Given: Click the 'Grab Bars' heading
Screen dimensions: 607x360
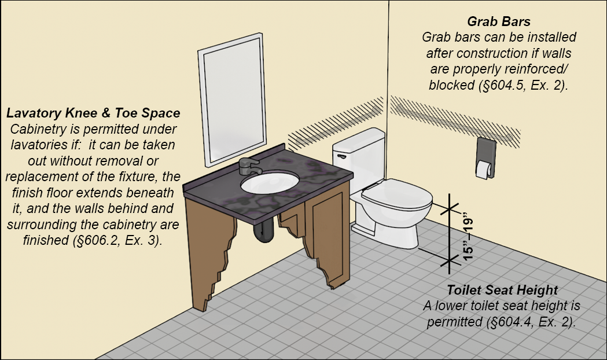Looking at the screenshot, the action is coord(499,21).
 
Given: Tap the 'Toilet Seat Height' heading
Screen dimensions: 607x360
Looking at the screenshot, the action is coord(502,290).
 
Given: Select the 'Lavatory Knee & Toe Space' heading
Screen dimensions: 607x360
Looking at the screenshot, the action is coord(93,113).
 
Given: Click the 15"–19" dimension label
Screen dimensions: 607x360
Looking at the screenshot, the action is coord(468,236).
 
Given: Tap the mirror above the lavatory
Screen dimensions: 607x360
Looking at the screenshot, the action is coord(232,100).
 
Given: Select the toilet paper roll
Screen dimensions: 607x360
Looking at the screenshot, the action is coord(484,170).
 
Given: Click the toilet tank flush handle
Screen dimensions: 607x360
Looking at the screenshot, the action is coord(341,156).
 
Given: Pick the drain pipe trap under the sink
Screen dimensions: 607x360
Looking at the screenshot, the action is coord(264,231).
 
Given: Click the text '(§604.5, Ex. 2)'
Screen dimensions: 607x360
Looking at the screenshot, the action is coord(523,85).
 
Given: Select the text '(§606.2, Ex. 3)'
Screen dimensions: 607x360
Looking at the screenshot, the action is coord(117,240).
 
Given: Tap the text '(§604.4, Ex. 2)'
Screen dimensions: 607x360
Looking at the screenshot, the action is coord(531,322).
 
